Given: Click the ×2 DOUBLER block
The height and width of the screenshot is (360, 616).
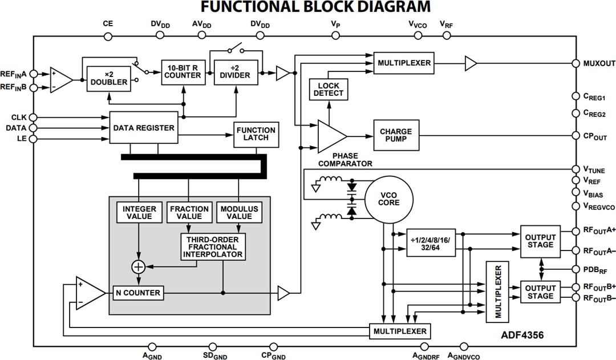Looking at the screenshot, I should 109,78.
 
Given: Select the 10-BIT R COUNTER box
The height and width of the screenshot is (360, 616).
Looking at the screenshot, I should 183,72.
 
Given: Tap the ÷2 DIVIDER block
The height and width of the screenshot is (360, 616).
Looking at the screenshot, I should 236,72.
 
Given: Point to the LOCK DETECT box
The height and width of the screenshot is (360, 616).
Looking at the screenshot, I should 329,89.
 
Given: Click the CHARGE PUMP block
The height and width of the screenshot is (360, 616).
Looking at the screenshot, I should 396,135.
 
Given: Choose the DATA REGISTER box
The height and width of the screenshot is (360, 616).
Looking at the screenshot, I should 143,128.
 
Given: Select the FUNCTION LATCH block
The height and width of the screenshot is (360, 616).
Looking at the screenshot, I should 256,135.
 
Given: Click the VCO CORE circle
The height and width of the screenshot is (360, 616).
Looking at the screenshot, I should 389,199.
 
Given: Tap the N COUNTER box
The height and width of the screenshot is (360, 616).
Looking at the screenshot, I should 138,293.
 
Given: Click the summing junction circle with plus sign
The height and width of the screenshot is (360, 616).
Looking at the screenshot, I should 138,266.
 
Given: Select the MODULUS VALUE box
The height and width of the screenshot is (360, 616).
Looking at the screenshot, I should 239,212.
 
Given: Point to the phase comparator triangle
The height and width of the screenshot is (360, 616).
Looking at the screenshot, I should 330,136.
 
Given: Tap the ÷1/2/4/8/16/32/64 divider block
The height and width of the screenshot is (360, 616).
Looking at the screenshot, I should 431,244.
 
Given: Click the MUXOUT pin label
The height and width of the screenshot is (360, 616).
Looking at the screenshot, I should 599,63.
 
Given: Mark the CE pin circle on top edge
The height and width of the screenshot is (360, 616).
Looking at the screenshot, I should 108,36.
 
